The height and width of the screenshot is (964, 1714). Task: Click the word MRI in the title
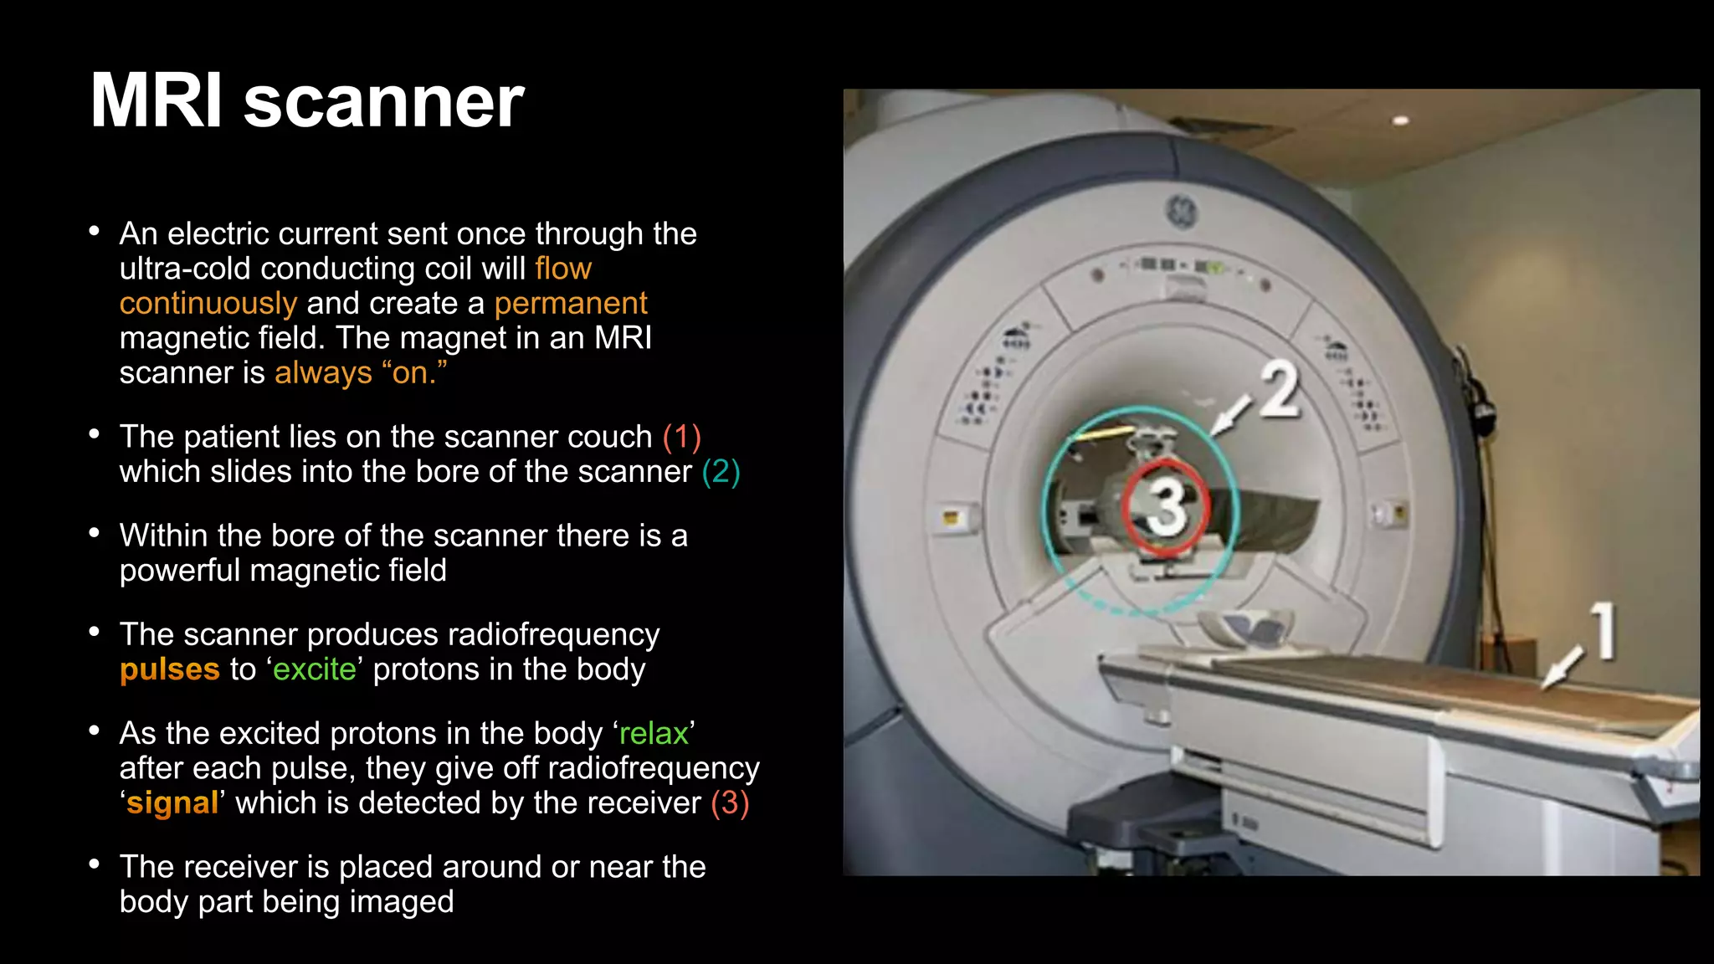[x=156, y=101]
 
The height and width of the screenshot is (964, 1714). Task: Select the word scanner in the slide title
[x=383, y=103]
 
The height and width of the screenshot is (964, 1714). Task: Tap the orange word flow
[x=563, y=269]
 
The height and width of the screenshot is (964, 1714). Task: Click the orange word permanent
[x=571, y=303]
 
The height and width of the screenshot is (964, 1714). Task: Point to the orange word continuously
[x=208, y=303]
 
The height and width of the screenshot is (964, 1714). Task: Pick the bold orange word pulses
[x=170, y=669]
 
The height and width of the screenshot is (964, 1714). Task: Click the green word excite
[x=315, y=669]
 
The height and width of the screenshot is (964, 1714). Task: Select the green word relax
[x=654, y=733]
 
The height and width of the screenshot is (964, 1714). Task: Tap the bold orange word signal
[x=173, y=802]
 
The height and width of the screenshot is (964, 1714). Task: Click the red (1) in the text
[x=682, y=437]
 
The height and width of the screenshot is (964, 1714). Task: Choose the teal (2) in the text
[x=721, y=472]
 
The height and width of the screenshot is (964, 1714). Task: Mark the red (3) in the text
[x=730, y=802]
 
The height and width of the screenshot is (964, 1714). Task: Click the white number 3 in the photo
[x=1166, y=505]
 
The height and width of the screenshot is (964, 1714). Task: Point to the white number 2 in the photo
[x=1280, y=390]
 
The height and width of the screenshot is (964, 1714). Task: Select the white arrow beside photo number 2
[x=1231, y=416]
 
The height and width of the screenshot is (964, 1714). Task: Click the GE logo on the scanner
[x=1182, y=210]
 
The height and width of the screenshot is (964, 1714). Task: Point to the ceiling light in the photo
[x=1400, y=120]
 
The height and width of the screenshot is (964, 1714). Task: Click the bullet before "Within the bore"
[x=95, y=533]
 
